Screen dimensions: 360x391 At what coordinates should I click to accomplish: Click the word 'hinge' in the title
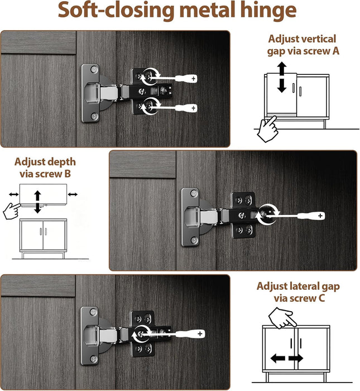(x=268, y=11)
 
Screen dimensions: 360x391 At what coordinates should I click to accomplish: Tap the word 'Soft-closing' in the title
(x=116, y=10)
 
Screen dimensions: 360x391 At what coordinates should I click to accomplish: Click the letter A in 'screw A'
(x=335, y=51)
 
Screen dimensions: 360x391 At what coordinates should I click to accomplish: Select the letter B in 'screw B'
(x=68, y=174)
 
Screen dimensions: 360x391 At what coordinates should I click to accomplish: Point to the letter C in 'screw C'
(x=321, y=298)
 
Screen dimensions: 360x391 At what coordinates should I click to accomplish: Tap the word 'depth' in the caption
(x=63, y=162)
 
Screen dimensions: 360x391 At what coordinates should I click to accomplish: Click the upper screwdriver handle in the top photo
(x=186, y=79)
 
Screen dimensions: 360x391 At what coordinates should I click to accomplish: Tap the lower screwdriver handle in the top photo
(x=186, y=108)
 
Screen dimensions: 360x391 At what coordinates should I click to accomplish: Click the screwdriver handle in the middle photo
(x=311, y=216)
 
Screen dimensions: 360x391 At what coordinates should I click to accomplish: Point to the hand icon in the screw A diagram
(x=267, y=128)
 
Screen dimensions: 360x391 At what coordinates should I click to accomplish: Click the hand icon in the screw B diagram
(x=12, y=211)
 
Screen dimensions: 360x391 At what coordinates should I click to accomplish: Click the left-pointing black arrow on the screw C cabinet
(x=277, y=359)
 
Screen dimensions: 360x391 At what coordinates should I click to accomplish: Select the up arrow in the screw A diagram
(x=282, y=69)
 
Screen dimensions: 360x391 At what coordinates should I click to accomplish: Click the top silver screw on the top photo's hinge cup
(x=94, y=69)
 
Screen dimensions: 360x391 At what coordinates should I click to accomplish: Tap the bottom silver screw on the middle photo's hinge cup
(x=194, y=240)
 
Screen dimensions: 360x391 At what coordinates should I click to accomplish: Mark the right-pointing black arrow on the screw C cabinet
(x=296, y=359)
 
